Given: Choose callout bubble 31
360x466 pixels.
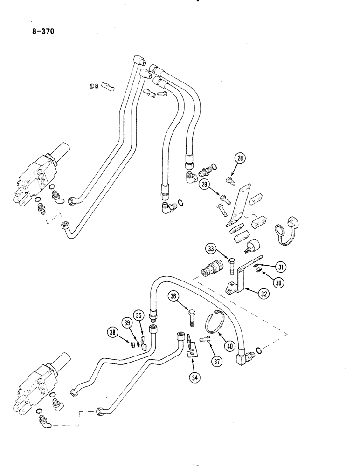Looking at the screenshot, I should (x=280, y=267).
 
